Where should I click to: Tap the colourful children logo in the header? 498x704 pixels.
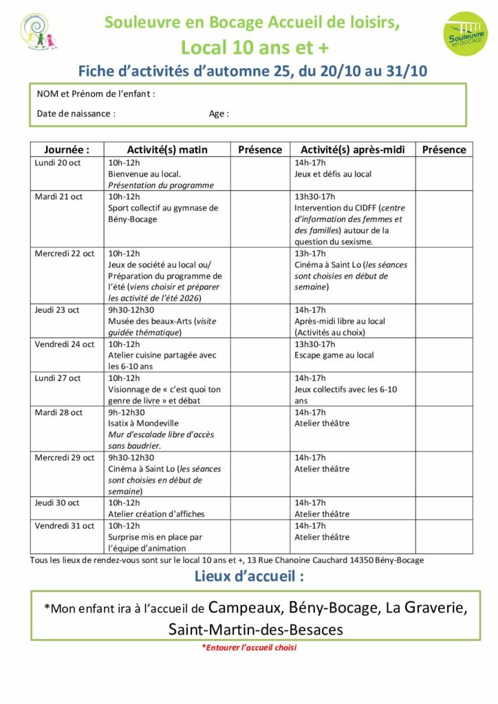coord(38,32)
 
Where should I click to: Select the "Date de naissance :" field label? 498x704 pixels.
coord(76,113)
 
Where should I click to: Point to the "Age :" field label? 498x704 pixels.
coord(219,113)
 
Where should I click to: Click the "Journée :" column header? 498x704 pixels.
coord(67,149)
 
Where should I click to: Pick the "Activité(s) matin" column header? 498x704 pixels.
coord(167,149)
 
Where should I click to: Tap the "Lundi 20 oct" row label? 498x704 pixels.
coord(58,162)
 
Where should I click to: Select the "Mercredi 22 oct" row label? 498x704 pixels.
coord(65,253)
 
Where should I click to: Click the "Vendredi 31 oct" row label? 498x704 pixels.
coord(64,525)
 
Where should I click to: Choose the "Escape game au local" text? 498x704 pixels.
coord(334,355)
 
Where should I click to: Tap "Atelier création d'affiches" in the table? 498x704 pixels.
coord(156,514)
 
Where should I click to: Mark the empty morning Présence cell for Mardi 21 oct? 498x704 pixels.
coord(260,218)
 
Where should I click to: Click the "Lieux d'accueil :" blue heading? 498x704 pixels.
coord(249,576)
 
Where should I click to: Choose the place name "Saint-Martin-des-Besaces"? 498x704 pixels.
coord(255,628)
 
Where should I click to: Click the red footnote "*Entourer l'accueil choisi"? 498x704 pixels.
coord(249,647)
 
